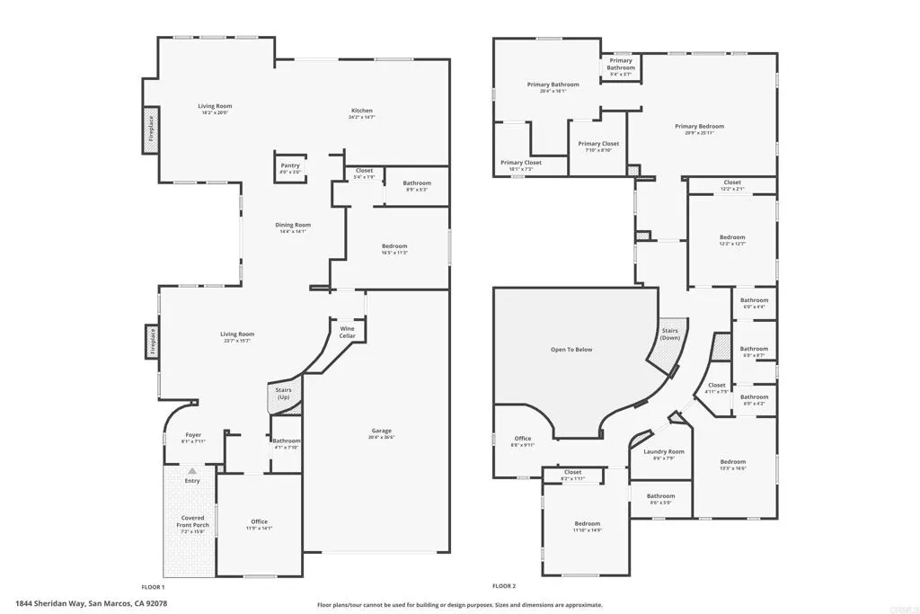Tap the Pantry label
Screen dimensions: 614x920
(x=289, y=165)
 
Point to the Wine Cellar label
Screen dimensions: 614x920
(x=347, y=332)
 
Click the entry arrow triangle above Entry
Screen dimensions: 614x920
(x=191, y=470)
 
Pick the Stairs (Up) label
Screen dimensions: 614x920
(x=283, y=394)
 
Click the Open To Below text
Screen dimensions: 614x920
(x=571, y=349)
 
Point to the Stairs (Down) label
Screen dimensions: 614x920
(x=670, y=334)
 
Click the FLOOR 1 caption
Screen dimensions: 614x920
(x=153, y=586)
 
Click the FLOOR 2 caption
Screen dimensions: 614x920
(x=505, y=586)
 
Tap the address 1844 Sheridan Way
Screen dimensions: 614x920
(x=91, y=604)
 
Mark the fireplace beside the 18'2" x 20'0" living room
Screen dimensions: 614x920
(x=151, y=131)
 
